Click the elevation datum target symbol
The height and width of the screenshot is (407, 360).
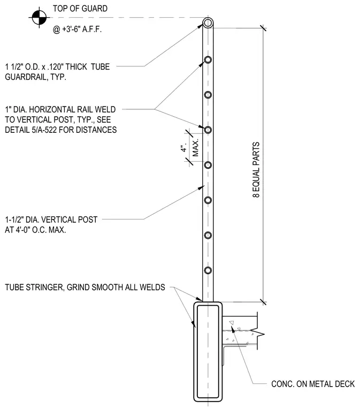(39, 18)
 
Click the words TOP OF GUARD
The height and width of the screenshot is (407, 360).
(80, 9)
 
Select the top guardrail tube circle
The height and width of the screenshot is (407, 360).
(208, 23)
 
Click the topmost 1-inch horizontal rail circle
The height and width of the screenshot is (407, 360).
(208, 59)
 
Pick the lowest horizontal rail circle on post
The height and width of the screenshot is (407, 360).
(208, 270)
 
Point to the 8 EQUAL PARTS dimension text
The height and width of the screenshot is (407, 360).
(256, 170)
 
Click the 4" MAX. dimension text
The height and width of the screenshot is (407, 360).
(190, 148)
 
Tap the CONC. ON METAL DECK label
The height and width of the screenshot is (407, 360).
(313, 384)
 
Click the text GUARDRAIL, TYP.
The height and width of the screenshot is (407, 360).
(35, 77)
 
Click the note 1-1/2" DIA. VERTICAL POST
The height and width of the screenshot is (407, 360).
(51, 220)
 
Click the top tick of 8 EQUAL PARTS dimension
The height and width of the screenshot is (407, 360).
(263, 28)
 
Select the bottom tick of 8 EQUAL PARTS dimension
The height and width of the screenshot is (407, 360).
(263, 302)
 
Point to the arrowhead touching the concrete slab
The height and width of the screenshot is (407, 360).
(233, 330)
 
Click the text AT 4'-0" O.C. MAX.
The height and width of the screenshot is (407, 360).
(35, 230)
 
